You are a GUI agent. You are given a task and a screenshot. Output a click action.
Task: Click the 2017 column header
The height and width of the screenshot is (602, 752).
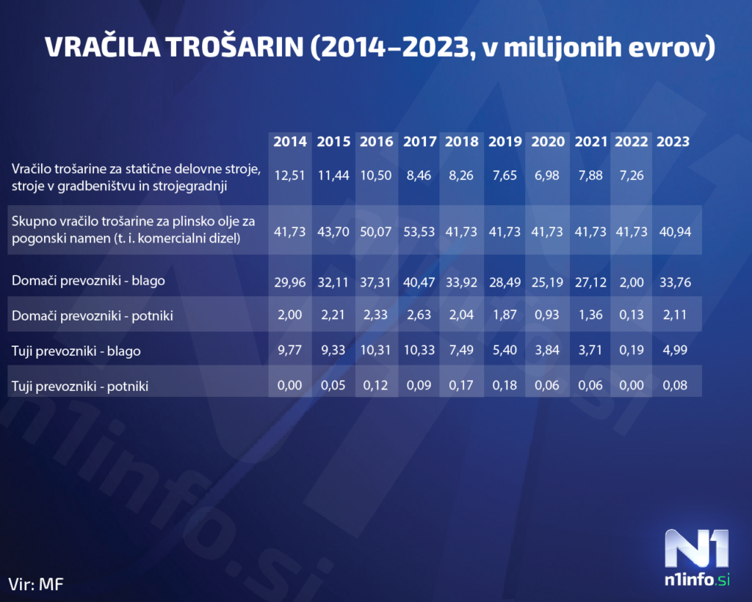pyautogui.click(x=419, y=141)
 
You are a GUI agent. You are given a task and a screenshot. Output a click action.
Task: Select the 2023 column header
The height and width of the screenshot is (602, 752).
pyautogui.click(x=673, y=141)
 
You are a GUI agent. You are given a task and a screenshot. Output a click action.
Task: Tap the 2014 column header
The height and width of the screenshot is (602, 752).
pyautogui.click(x=290, y=141)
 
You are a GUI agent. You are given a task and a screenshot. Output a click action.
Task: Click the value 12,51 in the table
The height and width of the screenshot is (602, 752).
pyautogui.click(x=290, y=176)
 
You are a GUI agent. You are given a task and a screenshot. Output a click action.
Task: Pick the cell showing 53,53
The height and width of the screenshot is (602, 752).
pyautogui.click(x=419, y=232)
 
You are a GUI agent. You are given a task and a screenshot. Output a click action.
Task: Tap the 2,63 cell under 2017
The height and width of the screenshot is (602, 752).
pyautogui.click(x=419, y=315)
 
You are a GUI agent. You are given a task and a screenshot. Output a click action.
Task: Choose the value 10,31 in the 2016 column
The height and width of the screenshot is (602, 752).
pyautogui.click(x=376, y=350)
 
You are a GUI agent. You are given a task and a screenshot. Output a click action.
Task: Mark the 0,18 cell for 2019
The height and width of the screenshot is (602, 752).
pyautogui.click(x=504, y=384)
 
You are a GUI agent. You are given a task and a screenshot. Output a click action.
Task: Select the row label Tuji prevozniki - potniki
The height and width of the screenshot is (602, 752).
pyautogui.click(x=80, y=385)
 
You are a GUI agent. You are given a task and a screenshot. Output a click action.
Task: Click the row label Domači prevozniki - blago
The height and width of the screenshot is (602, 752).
pyautogui.click(x=83, y=280)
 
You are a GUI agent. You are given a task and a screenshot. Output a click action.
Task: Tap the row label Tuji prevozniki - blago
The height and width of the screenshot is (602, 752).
pyautogui.click(x=76, y=351)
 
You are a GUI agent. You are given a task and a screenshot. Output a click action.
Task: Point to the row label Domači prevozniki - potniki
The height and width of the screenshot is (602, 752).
pyautogui.click(x=87, y=315)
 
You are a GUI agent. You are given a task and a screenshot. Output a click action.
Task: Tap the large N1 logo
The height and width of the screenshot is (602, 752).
pyautogui.click(x=697, y=548)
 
